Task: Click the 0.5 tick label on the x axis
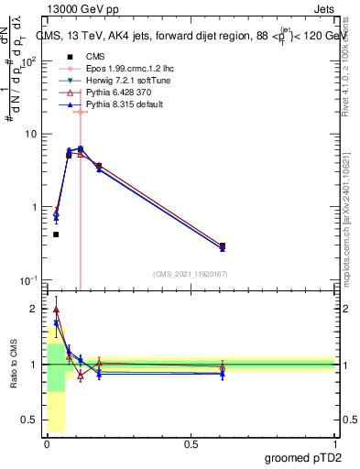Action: tap(191, 444)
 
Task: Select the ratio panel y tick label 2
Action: tap(35, 309)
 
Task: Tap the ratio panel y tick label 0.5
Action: tap(31, 420)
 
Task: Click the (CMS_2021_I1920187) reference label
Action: tap(191, 273)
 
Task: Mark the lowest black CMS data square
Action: tap(56, 234)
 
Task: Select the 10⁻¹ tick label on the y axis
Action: tap(29, 279)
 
